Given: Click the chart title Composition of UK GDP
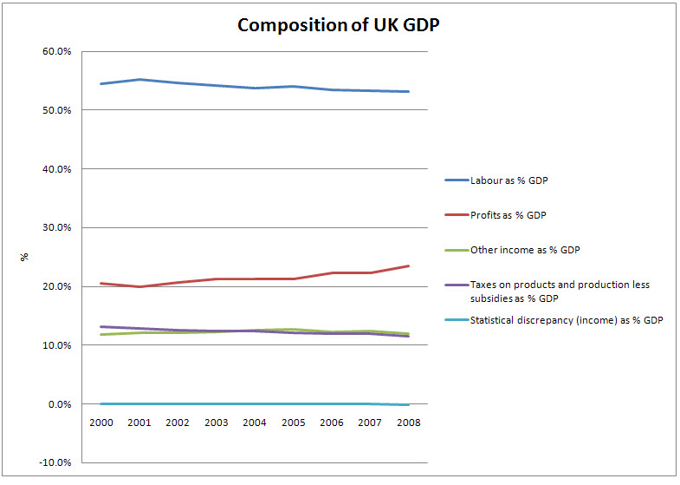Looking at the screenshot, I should pos(340,24).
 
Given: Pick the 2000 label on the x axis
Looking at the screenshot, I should pos(101,423).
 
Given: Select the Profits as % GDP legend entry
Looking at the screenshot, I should pos(508,214).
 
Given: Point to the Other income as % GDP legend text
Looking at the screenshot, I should pos(524,250).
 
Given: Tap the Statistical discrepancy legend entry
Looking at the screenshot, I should pos(567,320).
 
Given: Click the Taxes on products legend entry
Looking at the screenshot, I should pos(559,291).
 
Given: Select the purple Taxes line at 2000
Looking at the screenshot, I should pos(101,326).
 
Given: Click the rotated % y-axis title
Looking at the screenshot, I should pos(24,257).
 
